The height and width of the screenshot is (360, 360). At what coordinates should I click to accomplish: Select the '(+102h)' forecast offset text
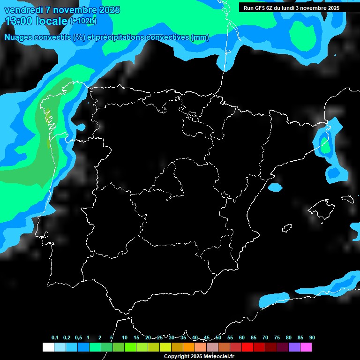tap(83, 21)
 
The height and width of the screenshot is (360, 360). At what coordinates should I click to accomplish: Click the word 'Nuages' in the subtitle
tap(17, 37)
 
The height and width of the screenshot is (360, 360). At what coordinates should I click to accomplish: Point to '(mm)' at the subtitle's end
tap(200, 37)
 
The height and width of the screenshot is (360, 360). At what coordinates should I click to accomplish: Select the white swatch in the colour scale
tap(48, 347)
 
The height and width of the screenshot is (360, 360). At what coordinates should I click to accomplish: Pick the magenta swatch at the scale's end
tap(306, 347)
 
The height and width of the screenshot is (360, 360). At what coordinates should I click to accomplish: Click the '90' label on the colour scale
tap(312, 338)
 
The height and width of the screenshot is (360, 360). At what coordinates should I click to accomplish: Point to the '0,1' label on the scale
tap(55, 338)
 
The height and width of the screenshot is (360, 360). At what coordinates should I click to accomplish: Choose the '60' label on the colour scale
tap(242, 338)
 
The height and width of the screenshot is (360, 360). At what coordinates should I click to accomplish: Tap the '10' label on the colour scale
tap(125, 338)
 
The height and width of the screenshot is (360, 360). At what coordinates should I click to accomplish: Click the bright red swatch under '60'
tap(247, 347)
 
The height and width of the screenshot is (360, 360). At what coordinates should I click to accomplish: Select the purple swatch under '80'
tap(294, 347)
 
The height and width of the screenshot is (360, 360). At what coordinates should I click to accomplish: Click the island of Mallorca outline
tap(321, 209)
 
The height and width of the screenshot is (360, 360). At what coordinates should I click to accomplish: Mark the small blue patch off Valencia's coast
tap(275, 187)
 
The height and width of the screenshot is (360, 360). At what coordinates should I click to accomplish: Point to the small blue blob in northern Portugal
tap(81, 127)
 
